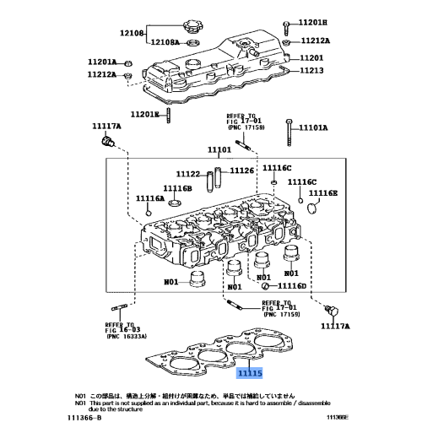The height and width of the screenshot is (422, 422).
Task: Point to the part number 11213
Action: pyautogui.click(x=311, y=70)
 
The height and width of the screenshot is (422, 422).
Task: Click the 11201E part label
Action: pyautogui.click(x=145, y=115)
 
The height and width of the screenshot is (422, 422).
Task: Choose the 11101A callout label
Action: pyautogui.click(x=315, y=129)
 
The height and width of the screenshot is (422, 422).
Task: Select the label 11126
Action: pyautogui.click(x=241, y=170)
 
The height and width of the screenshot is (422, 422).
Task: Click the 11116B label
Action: pyautogui.click(x=178, y=188)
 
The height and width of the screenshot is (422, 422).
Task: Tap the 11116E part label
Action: pyautogui.click(x=322, y=193)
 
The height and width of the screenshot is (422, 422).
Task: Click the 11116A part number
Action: pyautogui.click(x=149, y=198)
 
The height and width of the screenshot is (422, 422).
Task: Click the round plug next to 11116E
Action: pyautogui.click(x=310, y=208)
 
